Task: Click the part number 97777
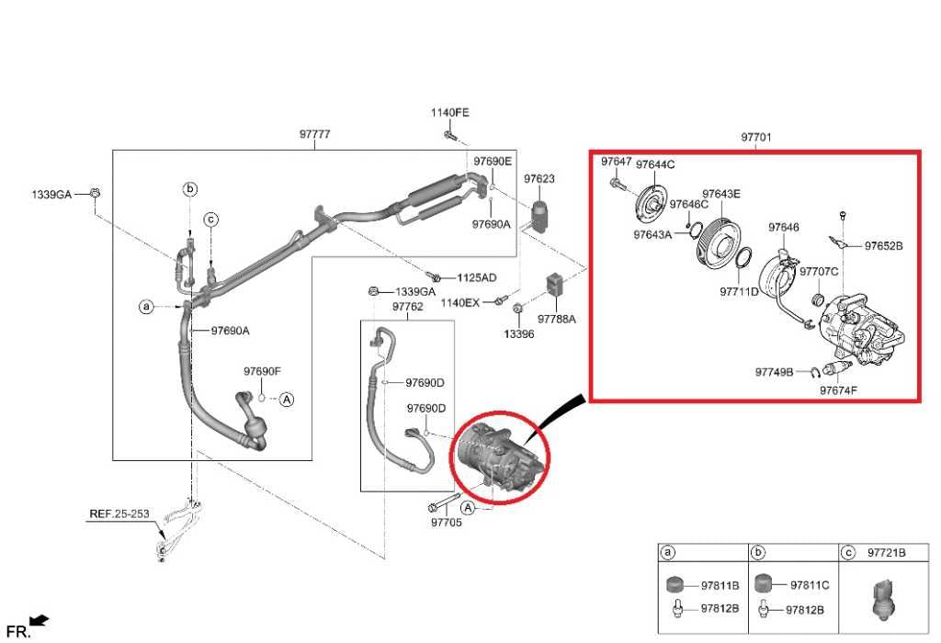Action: [x=314, y=134]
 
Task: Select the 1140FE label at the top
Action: [x=449, y=112]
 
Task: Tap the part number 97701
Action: [x=756, y=138]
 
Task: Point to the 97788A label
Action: [x=557, y=319]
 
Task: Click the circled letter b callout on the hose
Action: [x=190, y=189]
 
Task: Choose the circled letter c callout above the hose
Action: [x=210, y=219]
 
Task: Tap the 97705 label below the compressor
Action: [x=448, y=523]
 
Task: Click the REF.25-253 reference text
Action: [x=119, y=514]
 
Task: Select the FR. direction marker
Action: [x=18, y=631]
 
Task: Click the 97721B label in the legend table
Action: [x=887, y=553]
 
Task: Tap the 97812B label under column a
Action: [x=719, y=608]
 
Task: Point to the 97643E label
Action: [x=721, y=194]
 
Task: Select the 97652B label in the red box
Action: [x=884, y=245]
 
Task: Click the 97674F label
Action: [x=838, y=390]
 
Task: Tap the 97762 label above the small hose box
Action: [x=407, y=306]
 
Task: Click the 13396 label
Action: [x=517, y=334]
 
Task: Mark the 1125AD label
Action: [x=476, y=277]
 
